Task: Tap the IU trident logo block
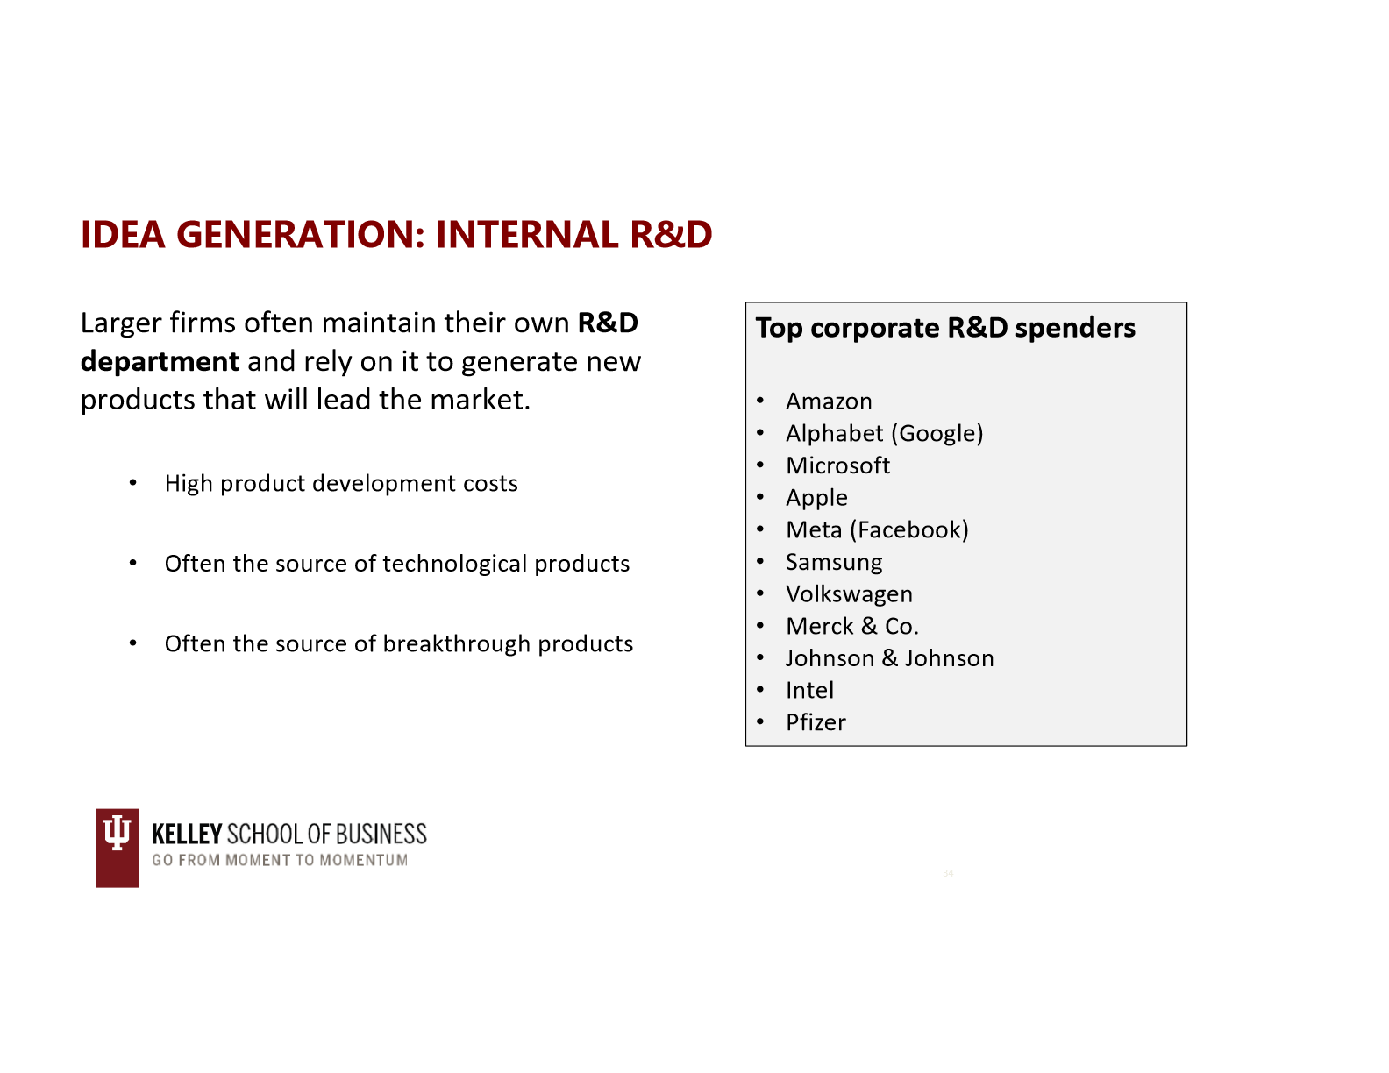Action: tap(117, 848)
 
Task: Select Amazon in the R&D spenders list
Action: tap(829, 401)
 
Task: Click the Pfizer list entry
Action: tap(816, 722)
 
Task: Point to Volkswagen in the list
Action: tap(849, 594)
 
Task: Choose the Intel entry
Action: tap(810, 690)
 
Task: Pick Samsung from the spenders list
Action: tap(834, 563)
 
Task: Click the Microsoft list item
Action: tap(837, 465)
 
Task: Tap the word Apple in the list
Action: tap(817, 498)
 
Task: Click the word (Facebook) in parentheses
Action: tap(909, 529)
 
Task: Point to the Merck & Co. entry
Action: tap(852, 626)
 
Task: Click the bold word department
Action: tap(160, 362)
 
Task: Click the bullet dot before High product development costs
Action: tap(133, 483)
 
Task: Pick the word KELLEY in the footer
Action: tap(187, 834)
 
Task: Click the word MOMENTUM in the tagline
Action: tap(363, 860)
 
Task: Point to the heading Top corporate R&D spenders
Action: tap(945, 328)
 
